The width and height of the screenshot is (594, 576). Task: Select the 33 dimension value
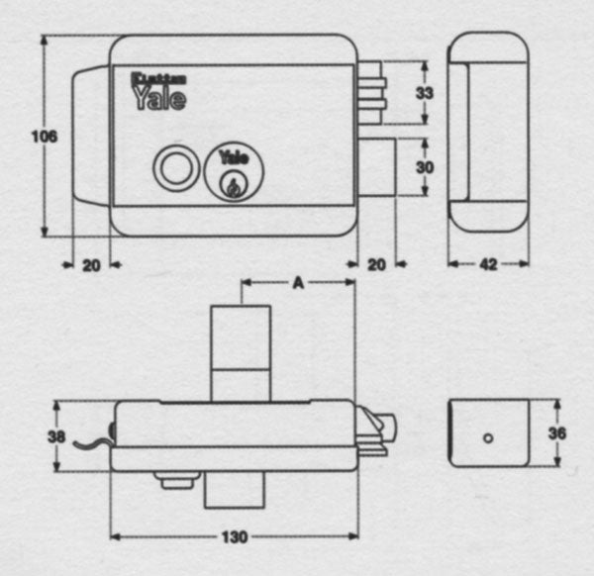pyautogui.click(x=425, y=92)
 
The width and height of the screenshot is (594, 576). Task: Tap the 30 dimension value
pyautogui.click(x=425, y=167)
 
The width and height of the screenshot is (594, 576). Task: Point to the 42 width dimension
pyautogui.click(x=487, y=264)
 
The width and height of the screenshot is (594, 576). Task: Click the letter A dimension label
pyautogui.click(x=298, y=282)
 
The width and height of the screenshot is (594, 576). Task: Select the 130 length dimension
pyautogui.click(x=234, y=537)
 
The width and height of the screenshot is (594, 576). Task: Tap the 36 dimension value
pyautogui.click(x=556, y=432)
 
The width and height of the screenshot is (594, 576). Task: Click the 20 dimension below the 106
pyautogui.click(x=90, y=264)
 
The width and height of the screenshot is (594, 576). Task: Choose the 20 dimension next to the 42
pyautogui.click(x=375, y=264)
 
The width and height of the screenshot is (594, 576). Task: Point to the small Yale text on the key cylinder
pyautogui.click(x=234, y=155)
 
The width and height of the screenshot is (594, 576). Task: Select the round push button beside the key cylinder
pyautogui.click(x=176, y=166)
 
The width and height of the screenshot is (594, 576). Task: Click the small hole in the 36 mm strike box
pyautogui.click(x=486, y=436)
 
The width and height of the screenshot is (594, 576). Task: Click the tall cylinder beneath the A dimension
pyautogui.click(x=242, y=352)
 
